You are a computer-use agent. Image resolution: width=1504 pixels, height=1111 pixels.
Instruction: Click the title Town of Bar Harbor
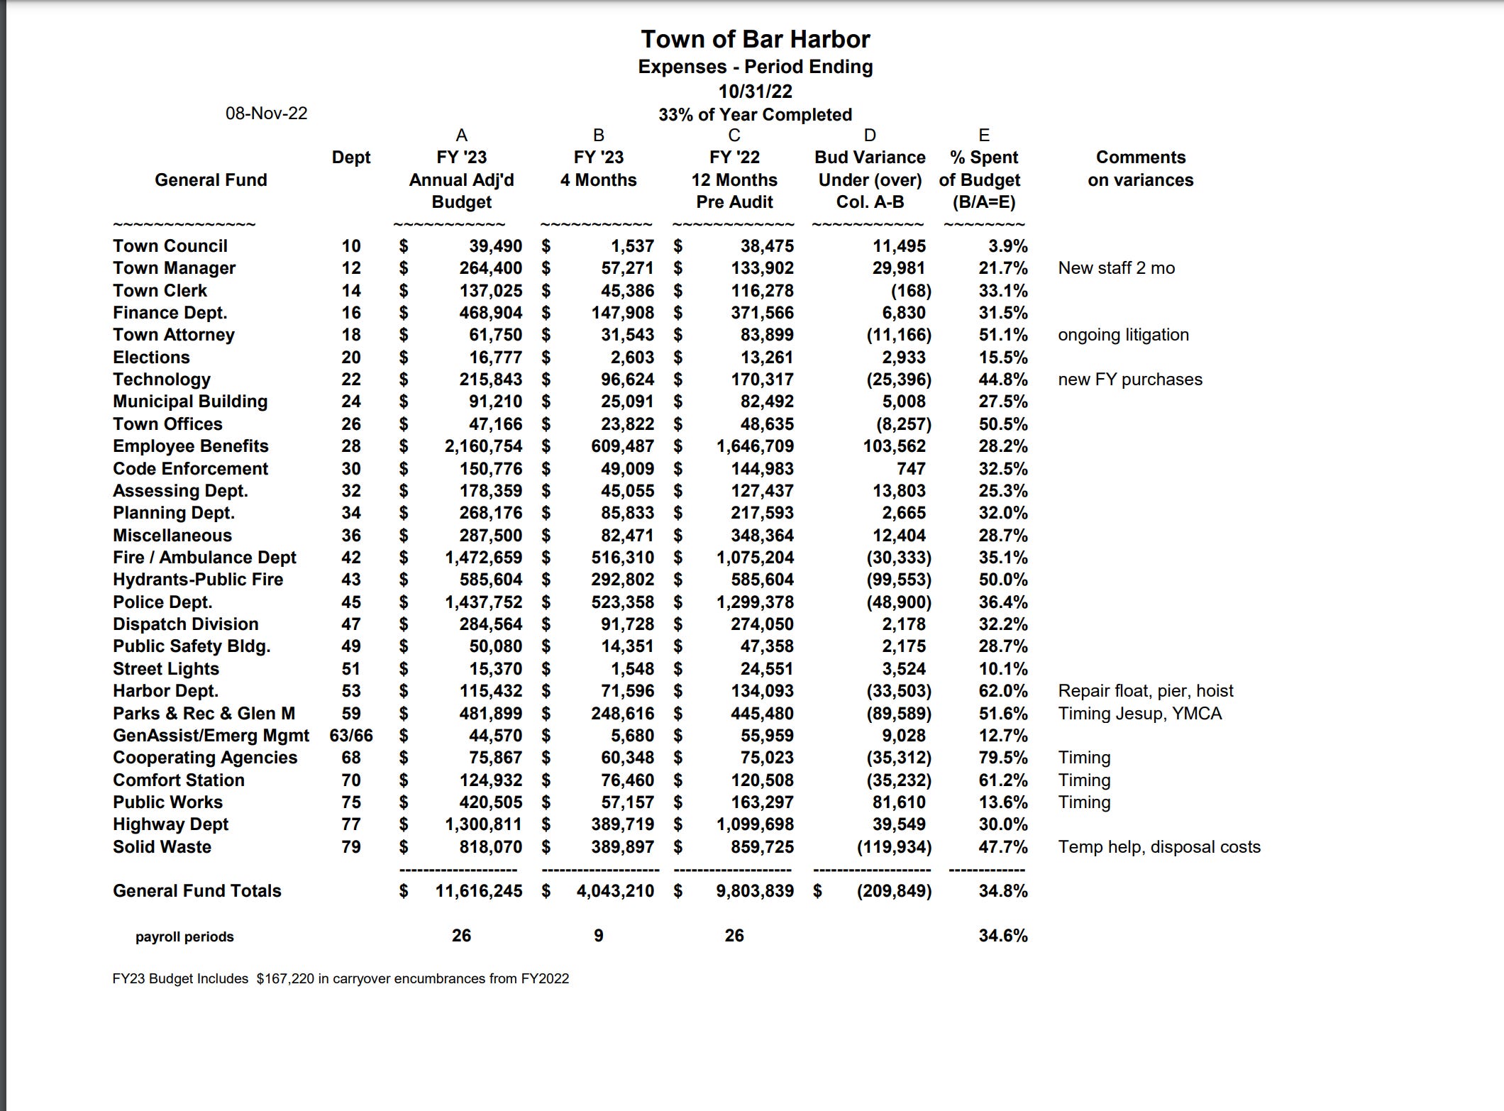coord(755,39)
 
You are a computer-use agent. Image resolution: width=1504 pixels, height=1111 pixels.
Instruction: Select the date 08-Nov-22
coord(266,114)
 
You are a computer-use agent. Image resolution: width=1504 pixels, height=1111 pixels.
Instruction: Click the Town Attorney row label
coord(174,335)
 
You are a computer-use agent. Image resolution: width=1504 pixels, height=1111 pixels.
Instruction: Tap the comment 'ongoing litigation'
coord(1123,335)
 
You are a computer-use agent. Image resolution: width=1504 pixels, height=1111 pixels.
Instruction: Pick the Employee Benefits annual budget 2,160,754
coord(483,446)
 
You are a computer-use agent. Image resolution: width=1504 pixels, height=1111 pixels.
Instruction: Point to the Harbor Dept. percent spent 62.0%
coord(1002,691)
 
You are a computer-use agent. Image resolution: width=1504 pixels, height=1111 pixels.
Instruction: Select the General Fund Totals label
coord(197,891)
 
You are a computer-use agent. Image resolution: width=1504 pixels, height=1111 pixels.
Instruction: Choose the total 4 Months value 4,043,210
coord(615,891)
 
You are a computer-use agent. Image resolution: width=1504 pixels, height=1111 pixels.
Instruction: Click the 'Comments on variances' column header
coord(1140,169)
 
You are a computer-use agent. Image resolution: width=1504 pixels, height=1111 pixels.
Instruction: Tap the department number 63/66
coord(351,736)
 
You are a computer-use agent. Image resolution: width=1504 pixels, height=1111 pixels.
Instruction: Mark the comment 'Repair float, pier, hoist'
coord(1145,691)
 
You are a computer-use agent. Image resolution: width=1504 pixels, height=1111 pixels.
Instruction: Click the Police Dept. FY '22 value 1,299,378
coord(755,602)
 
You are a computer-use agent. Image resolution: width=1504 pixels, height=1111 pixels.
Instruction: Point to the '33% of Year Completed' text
coord(755,115)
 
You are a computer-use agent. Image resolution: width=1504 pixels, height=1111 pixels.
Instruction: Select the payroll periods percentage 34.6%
coord(1002,936)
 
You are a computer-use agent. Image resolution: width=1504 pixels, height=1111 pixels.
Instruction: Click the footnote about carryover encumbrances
coord(341,979)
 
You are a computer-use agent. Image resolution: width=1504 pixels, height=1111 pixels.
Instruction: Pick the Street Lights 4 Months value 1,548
coord(632,669)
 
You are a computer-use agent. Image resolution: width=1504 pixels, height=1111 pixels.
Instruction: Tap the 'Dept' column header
coord(351,157)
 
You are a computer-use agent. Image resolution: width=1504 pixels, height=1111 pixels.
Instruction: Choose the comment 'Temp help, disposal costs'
coord(1159,847)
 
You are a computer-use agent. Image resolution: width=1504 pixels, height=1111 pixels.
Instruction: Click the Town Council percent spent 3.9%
coord(1007,246)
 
